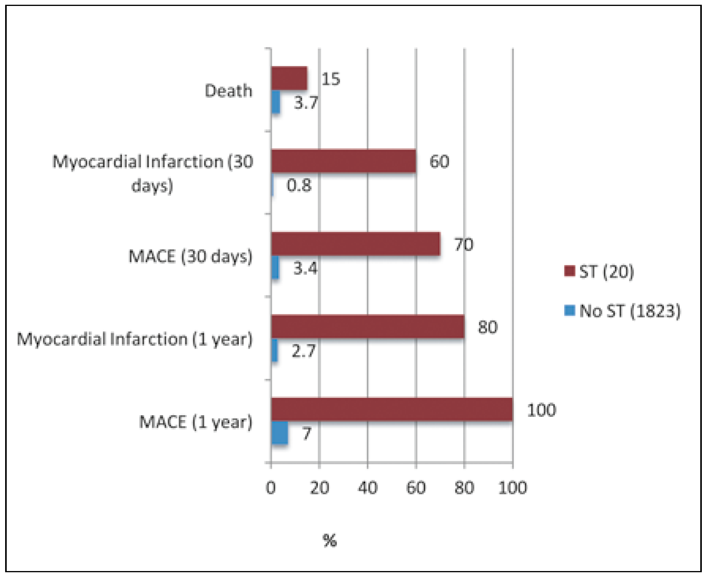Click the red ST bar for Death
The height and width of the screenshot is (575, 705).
point(289,78)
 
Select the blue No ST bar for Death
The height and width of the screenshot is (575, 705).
point(276,102)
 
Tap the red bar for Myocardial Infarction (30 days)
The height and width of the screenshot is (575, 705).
point(343,161)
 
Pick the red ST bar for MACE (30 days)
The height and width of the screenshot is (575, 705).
point(356,244)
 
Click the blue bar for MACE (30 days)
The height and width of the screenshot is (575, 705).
point(275,268)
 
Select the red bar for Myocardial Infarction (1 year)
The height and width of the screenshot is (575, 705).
point(368,327)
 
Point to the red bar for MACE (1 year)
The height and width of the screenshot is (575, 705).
point(392,409)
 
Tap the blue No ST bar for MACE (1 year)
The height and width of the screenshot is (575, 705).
point(280,433)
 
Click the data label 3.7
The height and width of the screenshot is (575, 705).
point(306,103)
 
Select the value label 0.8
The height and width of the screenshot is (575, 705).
point(299,185)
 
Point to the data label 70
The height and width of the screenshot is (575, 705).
point(464,244)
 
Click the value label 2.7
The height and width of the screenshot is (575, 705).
point(303,351)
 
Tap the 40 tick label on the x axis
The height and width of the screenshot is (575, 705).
point(368,488)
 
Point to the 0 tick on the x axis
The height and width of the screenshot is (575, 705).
point(271,488)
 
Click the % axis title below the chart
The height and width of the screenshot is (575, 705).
point(330,540)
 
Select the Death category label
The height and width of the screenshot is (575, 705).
point(228,91)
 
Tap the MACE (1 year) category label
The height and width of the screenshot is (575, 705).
point(196,422)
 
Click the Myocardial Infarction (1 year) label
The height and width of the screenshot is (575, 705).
point(134,339)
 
